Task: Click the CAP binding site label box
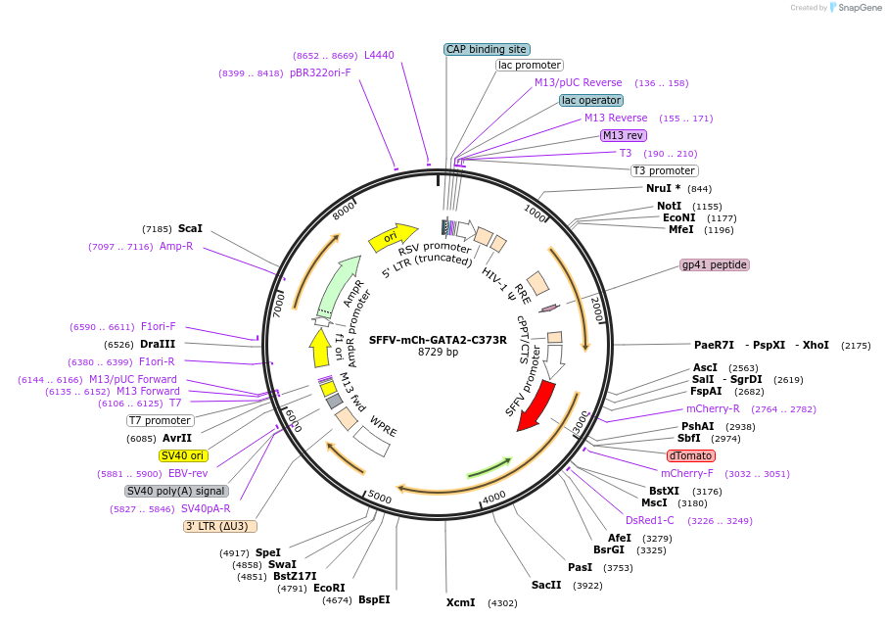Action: coord(487,49)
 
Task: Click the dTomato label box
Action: coord(691,455)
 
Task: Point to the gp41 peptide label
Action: coord(715,264)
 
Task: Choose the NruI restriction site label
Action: coord(663,188)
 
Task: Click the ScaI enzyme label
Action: coord(190,228)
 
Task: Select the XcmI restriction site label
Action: coord(460,602)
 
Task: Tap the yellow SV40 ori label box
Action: coord(184,455)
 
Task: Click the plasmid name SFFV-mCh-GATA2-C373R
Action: coord(438,340)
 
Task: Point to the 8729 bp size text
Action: coord(438,353)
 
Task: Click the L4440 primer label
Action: coord(379,56)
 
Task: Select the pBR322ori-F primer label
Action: coord(320,72)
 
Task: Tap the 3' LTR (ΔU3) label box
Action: coord(220,526)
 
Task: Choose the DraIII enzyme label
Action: coord(158,344)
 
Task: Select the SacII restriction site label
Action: coord(546,585)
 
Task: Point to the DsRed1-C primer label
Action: coord(650,520)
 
